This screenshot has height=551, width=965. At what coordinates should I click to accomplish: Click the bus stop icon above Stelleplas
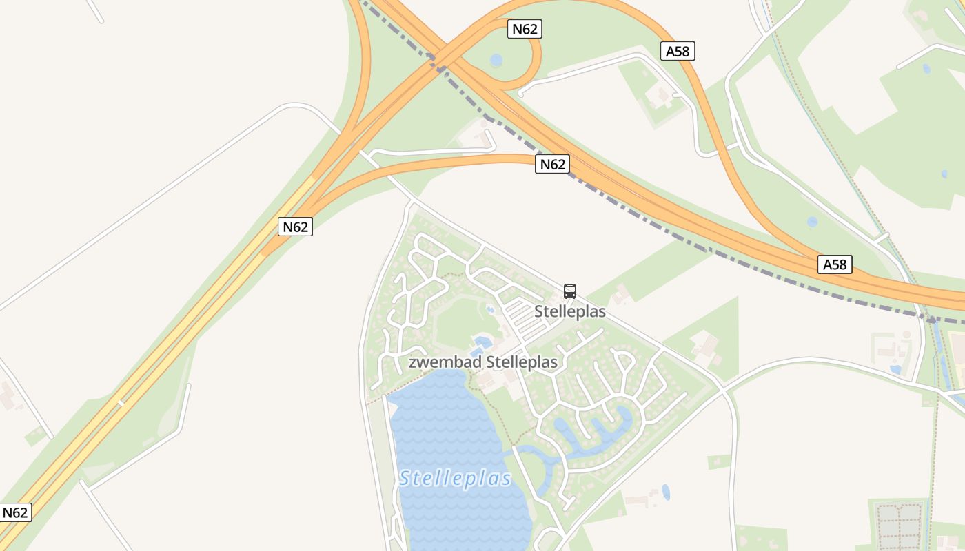(x=569, y=291)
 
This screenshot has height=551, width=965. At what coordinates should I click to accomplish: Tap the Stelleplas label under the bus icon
(x=570, y=311)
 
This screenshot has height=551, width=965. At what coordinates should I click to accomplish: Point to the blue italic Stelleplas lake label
(x=456, y=478)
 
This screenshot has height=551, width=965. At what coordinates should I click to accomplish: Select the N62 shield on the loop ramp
(x=525, y=29)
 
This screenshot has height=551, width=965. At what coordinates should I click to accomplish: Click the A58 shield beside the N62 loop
(x=678, y=51)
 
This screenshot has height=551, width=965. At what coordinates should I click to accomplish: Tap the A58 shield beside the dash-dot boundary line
(x=835, y=264)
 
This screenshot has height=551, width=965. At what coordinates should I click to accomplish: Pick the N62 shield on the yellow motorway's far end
(x=15, y=512)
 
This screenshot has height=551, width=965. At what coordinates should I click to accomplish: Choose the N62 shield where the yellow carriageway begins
(x=296, y=227)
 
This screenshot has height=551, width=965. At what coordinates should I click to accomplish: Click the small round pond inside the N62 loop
(x=496, y=61)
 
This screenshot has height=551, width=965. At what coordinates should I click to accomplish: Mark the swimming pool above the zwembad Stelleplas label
(x=482, y=341)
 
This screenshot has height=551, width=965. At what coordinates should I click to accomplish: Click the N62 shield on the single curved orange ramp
(x=552, y=164)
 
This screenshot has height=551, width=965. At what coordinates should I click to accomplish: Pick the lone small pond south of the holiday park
(x=665, y=492)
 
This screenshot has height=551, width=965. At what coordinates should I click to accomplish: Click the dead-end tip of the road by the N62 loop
(x=520, y=94)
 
